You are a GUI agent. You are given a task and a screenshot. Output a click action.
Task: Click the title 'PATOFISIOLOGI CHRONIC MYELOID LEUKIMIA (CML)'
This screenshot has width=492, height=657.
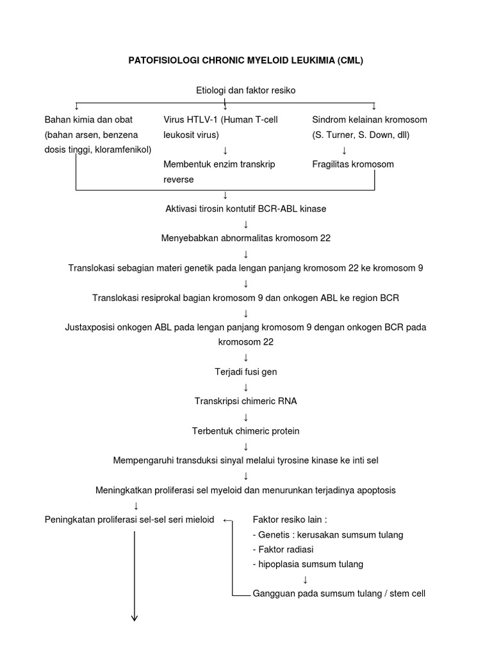coord(245,60)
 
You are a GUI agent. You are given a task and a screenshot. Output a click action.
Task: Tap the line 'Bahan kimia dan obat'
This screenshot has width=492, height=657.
coord(85,120)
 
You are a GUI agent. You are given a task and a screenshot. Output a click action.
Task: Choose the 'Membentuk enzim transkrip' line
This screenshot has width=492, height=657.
coord(219,164)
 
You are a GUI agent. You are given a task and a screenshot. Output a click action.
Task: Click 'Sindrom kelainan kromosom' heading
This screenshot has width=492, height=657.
coord(369,120)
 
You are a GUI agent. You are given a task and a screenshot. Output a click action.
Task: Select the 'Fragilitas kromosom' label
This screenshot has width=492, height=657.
coord(353,164)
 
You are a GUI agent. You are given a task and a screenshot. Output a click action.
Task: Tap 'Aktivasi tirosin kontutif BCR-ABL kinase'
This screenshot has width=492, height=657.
coord(246,209)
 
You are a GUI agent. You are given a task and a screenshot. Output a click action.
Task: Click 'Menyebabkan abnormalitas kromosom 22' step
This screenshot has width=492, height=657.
coord(245,238)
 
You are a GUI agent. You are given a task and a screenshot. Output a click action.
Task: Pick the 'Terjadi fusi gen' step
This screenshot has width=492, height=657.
coord(245,371)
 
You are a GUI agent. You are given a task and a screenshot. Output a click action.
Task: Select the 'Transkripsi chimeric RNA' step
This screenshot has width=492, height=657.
coord(245,401)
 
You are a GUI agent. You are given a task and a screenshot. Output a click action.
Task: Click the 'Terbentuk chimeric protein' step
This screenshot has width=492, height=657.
coord(245,431)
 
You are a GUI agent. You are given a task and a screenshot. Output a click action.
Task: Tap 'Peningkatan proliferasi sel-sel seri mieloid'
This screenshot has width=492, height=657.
coord(129,520)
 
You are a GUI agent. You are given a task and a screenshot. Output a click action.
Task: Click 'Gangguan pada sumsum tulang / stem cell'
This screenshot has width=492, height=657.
coord(339,593)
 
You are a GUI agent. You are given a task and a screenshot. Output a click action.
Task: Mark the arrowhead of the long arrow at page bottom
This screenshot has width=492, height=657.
coord(135,618)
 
